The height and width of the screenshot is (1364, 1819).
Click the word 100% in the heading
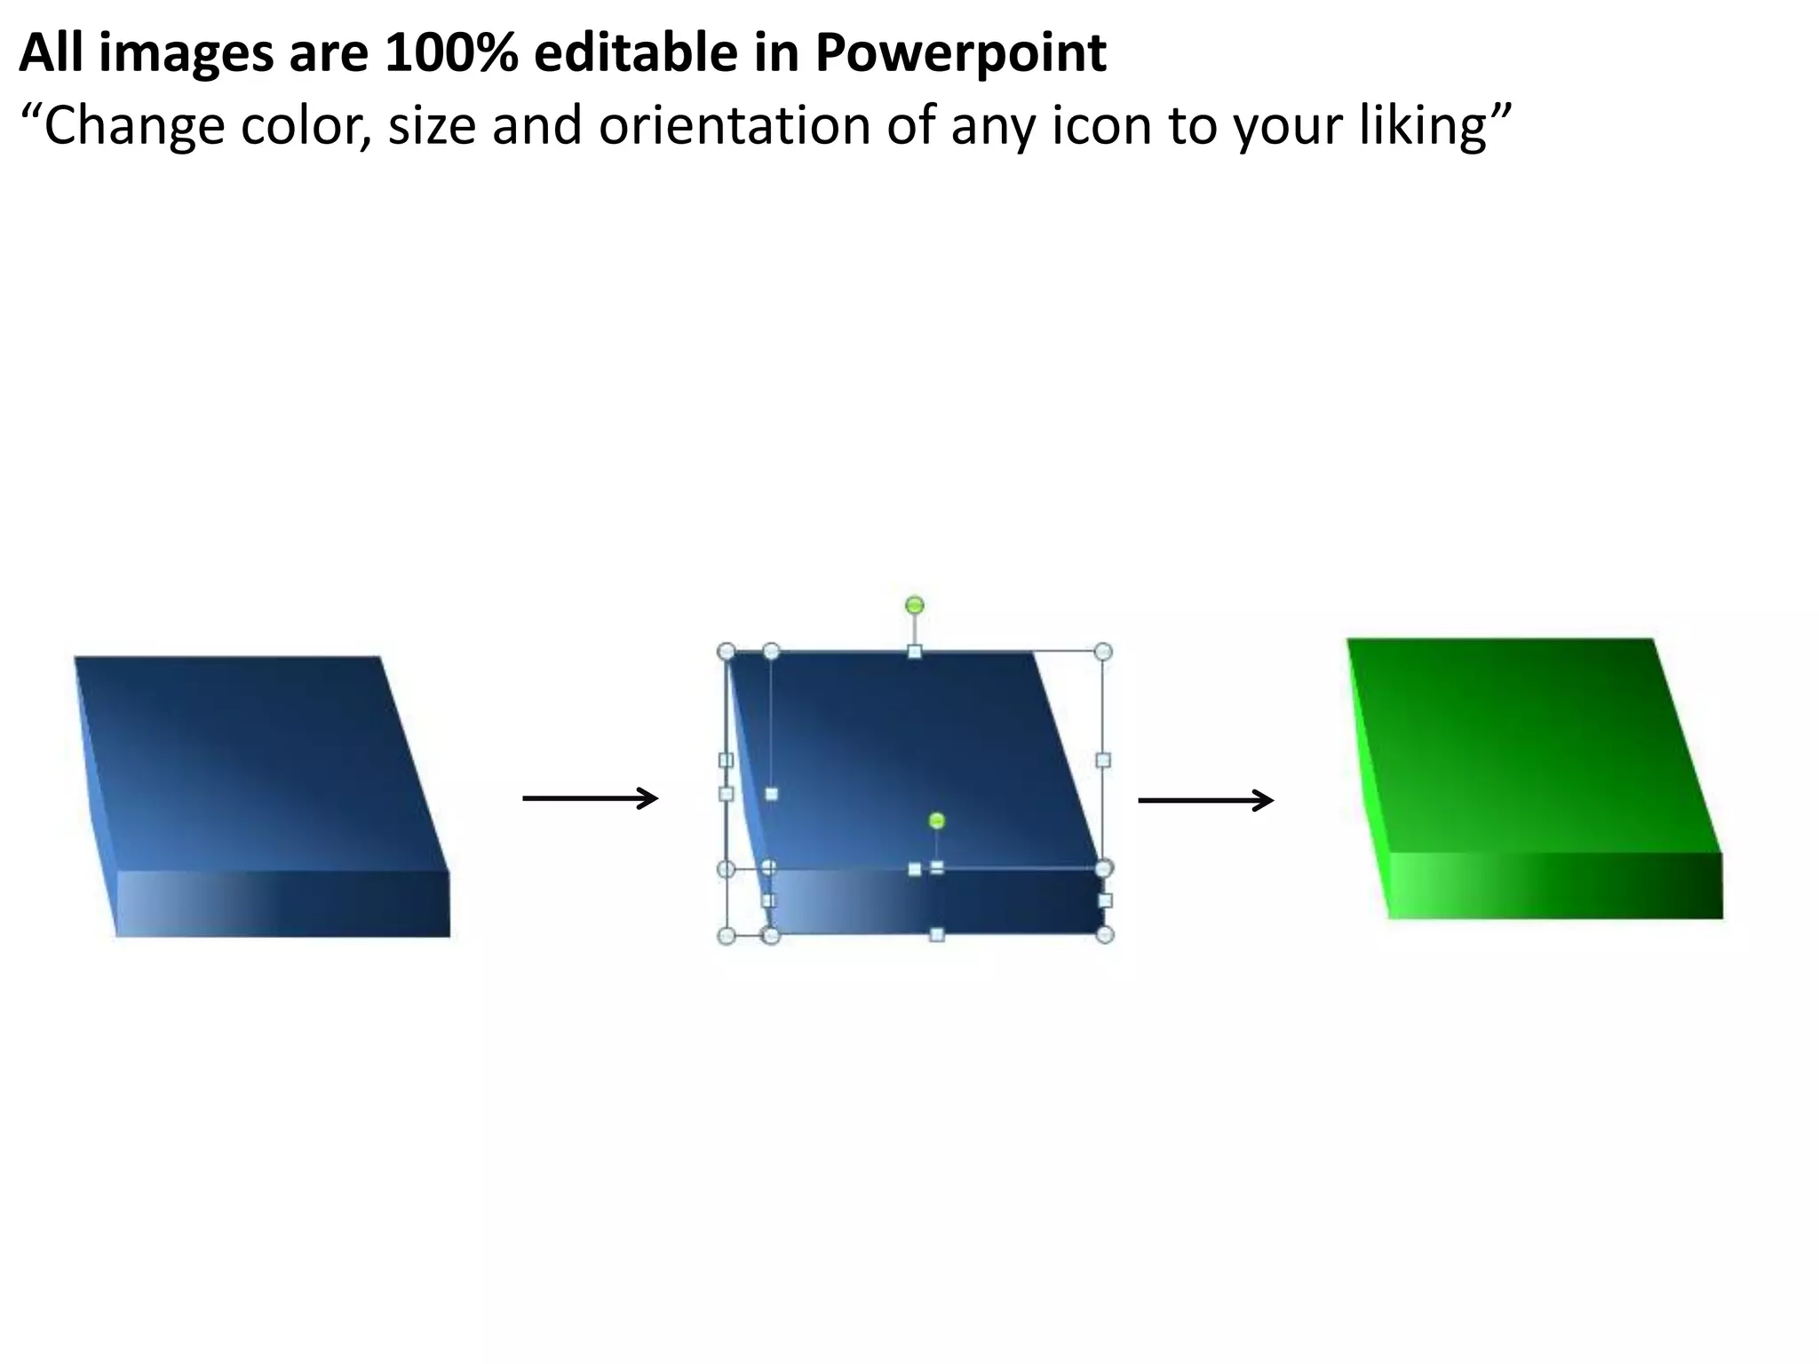click(x=451, y=53)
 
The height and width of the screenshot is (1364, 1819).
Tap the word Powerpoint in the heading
click(x=960, y=53)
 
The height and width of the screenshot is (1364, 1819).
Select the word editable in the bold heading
click(x=636, y=53)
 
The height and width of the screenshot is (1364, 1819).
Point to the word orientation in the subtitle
click(x=734, y=126)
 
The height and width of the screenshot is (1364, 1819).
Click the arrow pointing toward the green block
click(x=1205, y=801)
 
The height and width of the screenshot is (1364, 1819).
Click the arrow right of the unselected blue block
click(x=590, y=799)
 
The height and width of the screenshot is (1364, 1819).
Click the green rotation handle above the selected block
click(x=915, y=606)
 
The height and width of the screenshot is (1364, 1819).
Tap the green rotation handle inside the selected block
click(x=936, y=821)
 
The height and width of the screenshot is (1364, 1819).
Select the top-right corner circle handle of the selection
click(x=1103, y=652)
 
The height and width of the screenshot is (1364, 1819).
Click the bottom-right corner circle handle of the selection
click(x=1105, y=934)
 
